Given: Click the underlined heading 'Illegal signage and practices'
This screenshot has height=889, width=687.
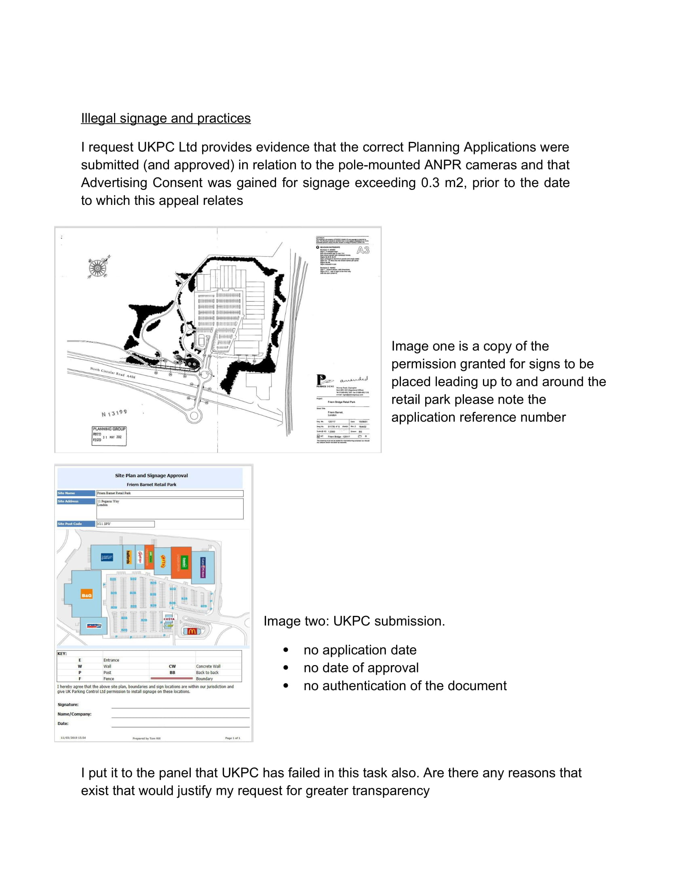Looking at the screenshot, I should (166, 118).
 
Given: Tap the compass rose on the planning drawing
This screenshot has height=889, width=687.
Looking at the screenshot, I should (98, 268).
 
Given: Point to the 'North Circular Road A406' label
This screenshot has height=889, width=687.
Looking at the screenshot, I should (112, 373).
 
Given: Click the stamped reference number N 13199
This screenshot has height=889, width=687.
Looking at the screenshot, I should (114, 413).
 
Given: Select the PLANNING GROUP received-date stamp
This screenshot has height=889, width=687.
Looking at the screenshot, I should (109, 436).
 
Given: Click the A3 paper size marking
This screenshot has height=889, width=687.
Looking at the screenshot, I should (362, 250).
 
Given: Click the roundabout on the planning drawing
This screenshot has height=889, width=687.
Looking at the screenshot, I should (194, 415).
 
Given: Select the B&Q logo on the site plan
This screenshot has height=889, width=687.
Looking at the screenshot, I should (87, 595).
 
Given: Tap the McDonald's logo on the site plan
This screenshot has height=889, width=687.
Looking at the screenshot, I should (192, 631).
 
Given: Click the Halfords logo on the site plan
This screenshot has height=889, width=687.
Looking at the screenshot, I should (128, 557).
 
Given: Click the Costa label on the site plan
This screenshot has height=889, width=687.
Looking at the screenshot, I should (169, 619).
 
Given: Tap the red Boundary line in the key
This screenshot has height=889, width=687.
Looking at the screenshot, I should (171, 678).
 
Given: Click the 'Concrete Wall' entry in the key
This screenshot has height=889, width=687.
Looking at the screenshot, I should (208, 666).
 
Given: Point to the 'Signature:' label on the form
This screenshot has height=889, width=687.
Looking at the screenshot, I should (68, 705).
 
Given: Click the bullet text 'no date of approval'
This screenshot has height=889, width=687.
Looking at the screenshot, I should (361, 668).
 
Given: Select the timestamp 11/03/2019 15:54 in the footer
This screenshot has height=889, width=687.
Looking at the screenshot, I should (73, 737).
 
